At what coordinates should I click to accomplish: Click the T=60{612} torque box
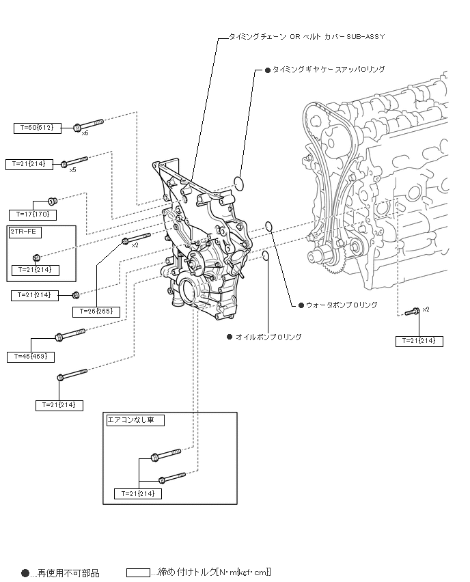coord(38,128)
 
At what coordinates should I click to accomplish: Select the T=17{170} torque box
coord(33,214)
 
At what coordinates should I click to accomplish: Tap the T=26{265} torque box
coord(96,311)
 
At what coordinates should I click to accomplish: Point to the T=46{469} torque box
coord(31,357)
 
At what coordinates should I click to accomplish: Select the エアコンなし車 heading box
coord(135,421)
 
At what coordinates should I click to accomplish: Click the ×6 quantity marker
coord(85,133)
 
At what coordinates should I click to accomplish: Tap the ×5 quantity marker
coord(73,170)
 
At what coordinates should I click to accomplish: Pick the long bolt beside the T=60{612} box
coord(88,124)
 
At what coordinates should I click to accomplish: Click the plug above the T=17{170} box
coord(53,202)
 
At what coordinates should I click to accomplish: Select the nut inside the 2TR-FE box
coord(36,258)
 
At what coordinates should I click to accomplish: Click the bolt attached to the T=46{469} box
coord(70,334)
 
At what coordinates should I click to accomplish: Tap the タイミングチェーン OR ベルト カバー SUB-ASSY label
coord(306,37)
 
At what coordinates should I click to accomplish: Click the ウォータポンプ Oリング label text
coord(342,305)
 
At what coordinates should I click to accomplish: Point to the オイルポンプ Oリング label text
coord(268,337)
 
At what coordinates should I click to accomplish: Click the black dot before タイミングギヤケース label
coord(268,70)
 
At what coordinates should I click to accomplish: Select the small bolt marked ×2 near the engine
coord(412,311)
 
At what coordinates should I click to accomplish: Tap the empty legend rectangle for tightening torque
coord(138,572)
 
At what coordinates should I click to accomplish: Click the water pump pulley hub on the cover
coord(194,261)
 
